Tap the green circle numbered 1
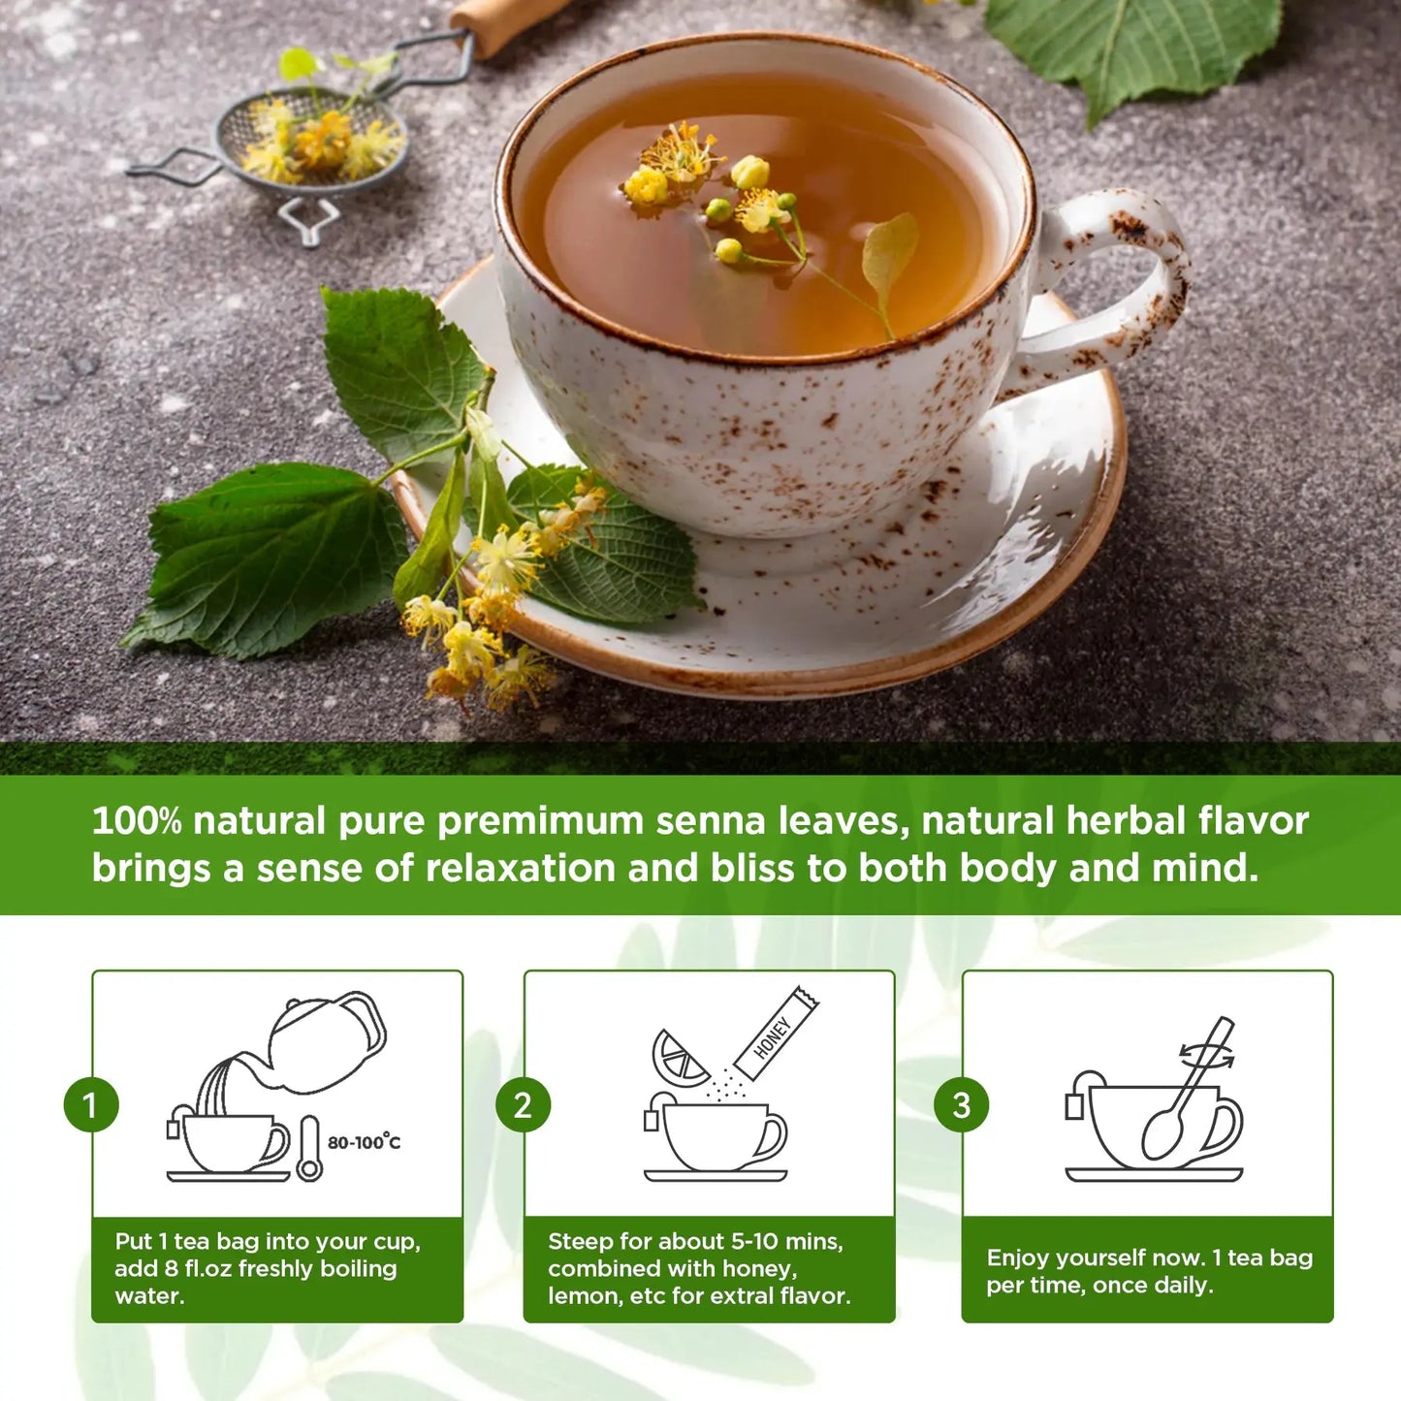tap(91, 1105)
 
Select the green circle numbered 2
tap(523, 1105)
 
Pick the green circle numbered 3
tap(961, 1105)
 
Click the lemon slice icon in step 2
tap(679, 1059)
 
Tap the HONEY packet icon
tap(776, 1035)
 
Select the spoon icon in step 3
tap(1185, 1091)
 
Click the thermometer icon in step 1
tap(309, 1149)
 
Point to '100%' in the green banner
tap(137, 820)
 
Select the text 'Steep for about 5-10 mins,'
tap(695, 1241)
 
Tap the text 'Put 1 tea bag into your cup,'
tap(268, 1242)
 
